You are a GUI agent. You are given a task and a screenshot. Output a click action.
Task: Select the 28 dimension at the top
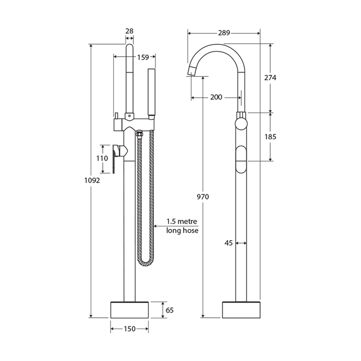tap(129, 31)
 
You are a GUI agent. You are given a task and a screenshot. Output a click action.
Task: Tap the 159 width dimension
tap(143, 58)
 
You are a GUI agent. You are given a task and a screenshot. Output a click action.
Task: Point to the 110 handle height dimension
tap(102, 158)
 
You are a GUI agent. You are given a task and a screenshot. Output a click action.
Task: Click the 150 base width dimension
tap(129, 329)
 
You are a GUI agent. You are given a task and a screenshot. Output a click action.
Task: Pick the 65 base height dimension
tap(169, 310)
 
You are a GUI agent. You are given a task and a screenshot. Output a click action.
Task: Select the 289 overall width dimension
tap(224, 33)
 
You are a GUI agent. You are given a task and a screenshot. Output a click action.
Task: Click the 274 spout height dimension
tap(270, 78)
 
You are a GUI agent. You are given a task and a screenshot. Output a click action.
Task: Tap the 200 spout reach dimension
tap(216, 97)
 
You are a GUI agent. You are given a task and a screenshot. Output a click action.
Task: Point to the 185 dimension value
tap(270, 136)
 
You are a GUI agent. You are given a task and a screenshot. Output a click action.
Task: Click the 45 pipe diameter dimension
tap(229, 243)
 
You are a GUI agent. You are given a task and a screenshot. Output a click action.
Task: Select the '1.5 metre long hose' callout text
tap(183, 226)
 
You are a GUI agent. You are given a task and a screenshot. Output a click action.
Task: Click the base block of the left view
tap(129, 309)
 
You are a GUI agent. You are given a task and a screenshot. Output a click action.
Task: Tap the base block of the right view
tap(241, 309)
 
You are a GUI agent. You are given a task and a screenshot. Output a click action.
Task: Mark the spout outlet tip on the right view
tap(191, 70)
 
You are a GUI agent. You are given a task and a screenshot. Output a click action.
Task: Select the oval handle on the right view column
tap(241, 159)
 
